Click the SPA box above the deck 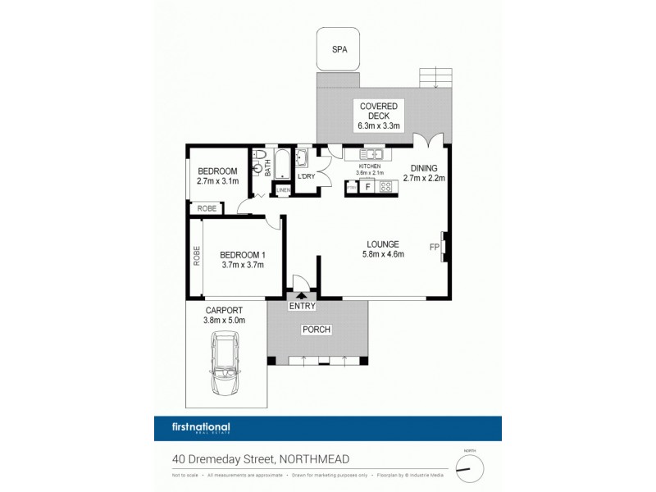point(339,49)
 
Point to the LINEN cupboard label point(284,190)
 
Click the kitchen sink point(373,154)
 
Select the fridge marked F point(367,187)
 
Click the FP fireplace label point(434,246)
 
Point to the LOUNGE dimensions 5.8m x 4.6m point(383,254)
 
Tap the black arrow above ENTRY point(301,296)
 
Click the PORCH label point(317,330)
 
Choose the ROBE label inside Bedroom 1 point(197,257)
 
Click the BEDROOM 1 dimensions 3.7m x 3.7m point(241,265)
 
